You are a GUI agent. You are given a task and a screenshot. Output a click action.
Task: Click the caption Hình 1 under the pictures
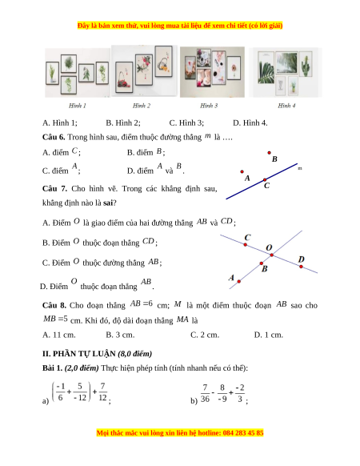pos(78,106)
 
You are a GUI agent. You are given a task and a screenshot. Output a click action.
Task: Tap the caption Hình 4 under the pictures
pos(286,106)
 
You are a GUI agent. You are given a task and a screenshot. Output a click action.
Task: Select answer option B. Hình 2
pos(123,123)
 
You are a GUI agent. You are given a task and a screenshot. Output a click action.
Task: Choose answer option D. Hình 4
pos(250,123)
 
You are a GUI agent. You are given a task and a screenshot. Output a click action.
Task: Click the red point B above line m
pos(269,153)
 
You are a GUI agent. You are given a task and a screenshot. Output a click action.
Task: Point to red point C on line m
pos(265,180)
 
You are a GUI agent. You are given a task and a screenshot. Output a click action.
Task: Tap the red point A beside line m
pos(242,172)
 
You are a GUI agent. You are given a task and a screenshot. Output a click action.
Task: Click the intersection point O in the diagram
pos(271,255)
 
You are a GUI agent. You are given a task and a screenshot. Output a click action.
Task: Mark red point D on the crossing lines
pos(301,267)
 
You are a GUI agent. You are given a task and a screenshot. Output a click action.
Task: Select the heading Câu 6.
pos(54,137)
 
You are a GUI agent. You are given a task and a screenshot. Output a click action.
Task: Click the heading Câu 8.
pos(54,306)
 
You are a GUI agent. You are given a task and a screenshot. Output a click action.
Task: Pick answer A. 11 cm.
pos(59,335)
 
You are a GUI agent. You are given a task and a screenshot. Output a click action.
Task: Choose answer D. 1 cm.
pos(269,335)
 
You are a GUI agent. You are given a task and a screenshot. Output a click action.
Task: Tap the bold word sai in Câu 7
pos(108,203)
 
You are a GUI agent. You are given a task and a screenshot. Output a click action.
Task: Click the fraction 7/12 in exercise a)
pos(102,392)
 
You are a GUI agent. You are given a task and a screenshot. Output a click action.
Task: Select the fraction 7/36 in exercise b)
pos(205,393)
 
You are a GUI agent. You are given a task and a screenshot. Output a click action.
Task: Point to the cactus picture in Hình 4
pos(306,65)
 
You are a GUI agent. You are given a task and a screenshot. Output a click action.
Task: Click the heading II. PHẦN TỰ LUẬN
pos(78,354)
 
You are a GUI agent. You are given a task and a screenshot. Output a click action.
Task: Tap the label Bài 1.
pos(52,368)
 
